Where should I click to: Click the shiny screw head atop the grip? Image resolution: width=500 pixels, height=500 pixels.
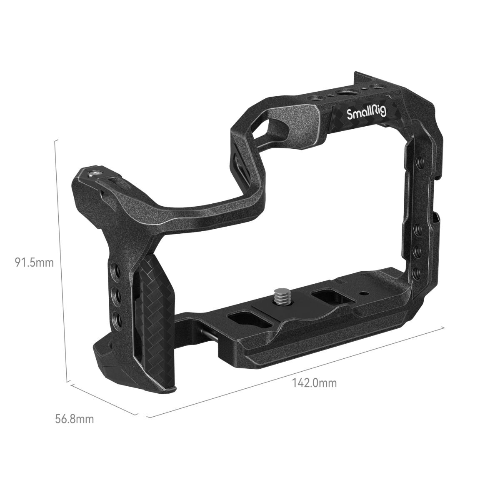point(95,172)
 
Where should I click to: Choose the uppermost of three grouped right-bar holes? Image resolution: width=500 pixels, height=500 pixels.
point(417,230)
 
